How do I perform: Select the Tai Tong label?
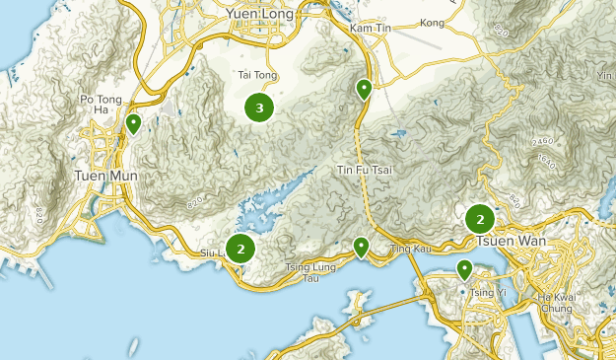pyautogui.click(x=255, y=74)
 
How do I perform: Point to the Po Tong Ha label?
pyautogui.click(x=101, y=105)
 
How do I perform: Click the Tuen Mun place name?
pyautogui.click(x=106, y=176)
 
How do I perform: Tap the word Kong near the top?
pyautogui.click(x=432, y=22)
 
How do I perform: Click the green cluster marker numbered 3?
pyautogui.click(x=259, y=108)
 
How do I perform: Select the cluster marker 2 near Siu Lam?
pyautogui.click(x=240, y=249)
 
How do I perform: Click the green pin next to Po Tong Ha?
pyautogui.click(x=133, y=123)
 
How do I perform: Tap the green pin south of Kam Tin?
pyautogui.click(x=365, y=90)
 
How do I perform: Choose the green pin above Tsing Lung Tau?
pyautogui.click(x=362, y=247)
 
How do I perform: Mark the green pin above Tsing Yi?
pyautogui.click(x=464, y=268)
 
